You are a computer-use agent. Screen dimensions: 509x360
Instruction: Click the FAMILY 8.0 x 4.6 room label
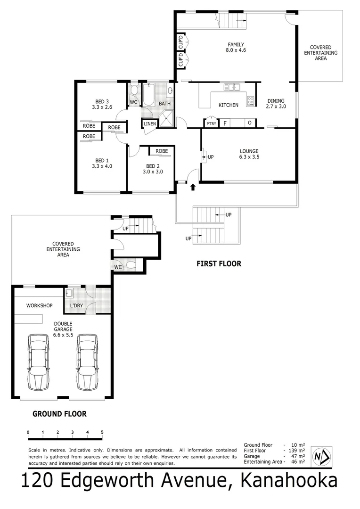coord(236,47)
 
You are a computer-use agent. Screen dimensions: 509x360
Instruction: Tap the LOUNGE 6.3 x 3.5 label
coord(249,154)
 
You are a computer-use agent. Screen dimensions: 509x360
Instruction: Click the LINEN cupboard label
coord(150,124)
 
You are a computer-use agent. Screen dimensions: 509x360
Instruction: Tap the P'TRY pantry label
coord(211,123)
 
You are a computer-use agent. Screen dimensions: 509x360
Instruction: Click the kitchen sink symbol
coord(232,87)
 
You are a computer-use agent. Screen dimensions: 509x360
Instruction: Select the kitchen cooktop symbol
coord(251,100)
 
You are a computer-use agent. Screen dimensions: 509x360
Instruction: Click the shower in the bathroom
coord(166,120)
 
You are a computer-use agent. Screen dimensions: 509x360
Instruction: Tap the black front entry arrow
coord(192,188)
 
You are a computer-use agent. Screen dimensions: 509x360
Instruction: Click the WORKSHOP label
coord(39,305)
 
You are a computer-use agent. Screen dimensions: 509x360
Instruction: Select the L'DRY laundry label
coord(76,305)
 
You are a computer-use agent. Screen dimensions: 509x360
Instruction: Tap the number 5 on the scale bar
coord(102,432)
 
